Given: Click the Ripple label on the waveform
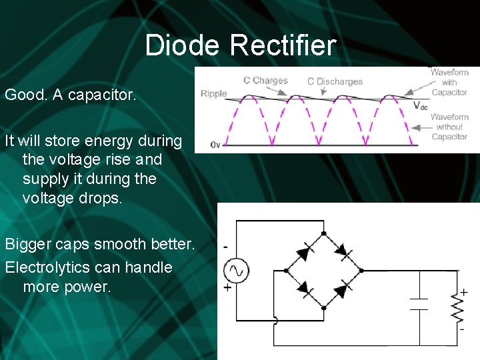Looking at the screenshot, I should (x=214, y=93).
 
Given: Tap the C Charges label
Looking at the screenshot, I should (x=265, y=81).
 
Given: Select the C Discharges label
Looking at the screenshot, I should (x=335, y=81).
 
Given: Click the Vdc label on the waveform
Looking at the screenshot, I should (x=421, y=105).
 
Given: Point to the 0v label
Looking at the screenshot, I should (x=215, y=144).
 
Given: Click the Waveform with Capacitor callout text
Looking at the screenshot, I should (x=449, y=82).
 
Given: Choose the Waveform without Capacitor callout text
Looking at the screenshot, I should (x=449, y=127).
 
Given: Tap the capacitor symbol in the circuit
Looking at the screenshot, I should (x=419, y=304).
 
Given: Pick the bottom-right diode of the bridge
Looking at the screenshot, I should (x=341, y=289).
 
